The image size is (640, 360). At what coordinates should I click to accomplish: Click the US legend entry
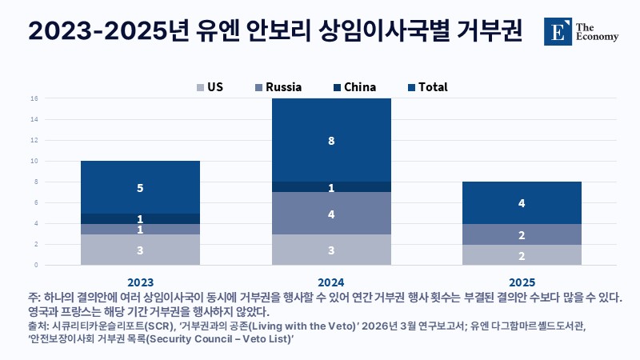click(x=210, y=87)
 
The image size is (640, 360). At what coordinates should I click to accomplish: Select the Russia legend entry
click(x=278, y=87)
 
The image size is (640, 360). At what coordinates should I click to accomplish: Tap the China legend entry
click(x=354, y=87)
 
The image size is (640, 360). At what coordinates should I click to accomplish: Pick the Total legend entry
click(x=428, y=87)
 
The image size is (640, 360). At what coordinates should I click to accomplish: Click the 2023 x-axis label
click(x=141, y=282)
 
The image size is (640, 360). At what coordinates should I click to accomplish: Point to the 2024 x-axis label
click(x=331, y=282)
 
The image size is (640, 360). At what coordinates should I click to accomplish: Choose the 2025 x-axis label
click(x=522, y=282)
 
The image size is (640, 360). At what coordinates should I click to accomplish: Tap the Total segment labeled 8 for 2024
click(x=331, y=140)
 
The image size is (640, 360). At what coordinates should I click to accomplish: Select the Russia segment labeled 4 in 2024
click(x=331, y=214)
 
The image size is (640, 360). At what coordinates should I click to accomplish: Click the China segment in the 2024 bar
click(x=331, y=187)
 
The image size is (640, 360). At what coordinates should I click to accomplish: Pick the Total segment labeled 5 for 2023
click(x=141, y=187)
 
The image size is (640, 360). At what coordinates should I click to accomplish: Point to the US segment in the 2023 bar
click(x=141, y=250)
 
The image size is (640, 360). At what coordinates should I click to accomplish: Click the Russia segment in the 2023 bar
click(x=141, y=229)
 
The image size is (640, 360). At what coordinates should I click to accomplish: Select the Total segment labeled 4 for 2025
click(x=522, y=203)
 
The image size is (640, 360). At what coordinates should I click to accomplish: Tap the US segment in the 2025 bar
click(x=522, y=255)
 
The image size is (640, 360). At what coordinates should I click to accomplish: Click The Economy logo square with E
click(x=558, y=31)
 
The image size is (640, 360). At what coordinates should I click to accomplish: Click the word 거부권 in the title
click(x=489, y=30)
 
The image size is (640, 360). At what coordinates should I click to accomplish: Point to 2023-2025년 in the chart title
click(x=109, y=30)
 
